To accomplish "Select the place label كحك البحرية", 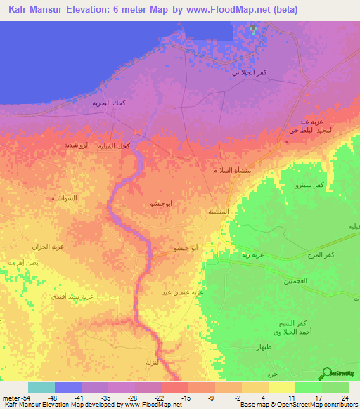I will click(x=110, y=103).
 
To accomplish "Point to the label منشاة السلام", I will click(x=232, y=171).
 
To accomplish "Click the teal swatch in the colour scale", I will click(x=41, y=387).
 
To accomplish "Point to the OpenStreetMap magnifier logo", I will click(x=326, y=373).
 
